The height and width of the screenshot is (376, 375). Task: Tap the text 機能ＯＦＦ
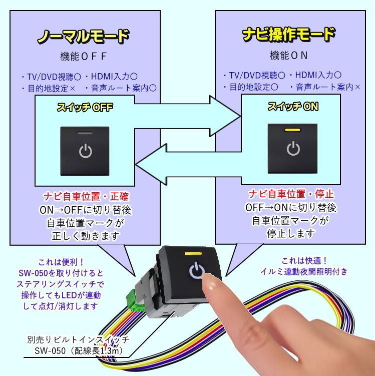pos(84,56)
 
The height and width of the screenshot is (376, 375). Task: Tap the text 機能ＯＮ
pos(288,55)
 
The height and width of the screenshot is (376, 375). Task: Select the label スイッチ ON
pos(292,106)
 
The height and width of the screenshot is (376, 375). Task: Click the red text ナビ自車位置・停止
pos(291,194)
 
